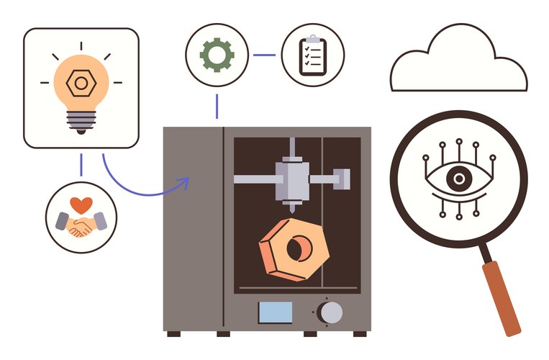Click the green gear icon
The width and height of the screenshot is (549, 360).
pyautogui.click(x=217, y=55)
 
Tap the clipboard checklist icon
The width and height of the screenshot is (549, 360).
pyautogui.click(x=312, y=54)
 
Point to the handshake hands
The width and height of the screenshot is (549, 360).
pyautogui.click(x=81, y=226)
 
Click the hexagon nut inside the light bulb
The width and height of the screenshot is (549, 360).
pyautogui.click(x=81, y=84)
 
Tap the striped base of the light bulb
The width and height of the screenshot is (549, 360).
pyautogui.click(x=81, y=122)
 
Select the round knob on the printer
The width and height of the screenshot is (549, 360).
pyautogui.click(x=330, y=312)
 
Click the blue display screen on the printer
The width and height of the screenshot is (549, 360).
pyautogui.click(x=276, y=312)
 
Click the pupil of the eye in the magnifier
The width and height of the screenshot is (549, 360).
pyautogui.click(x=457, y=179)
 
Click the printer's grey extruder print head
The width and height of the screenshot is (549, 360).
pyautogui.click(x=292, y=177)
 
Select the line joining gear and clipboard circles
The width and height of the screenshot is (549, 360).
pyautogui.click(x=264, y=55)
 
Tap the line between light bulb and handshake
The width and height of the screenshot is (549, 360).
pyautogui.click(x=81, y=165)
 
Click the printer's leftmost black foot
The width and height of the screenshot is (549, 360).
pyautogui.click(x=175, y=333)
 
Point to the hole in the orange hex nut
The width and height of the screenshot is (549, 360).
pyautogui.click(x=295, y=249)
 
